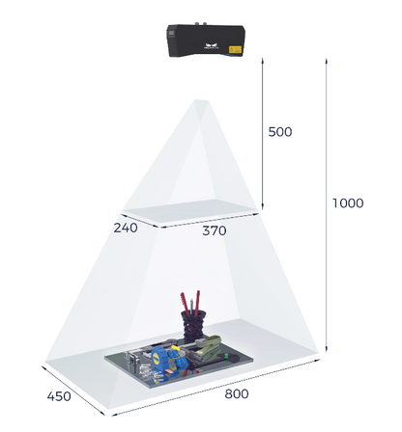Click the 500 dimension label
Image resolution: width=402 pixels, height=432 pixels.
[x=280, y=132]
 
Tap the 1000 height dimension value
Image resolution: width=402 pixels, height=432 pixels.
[x=348, y=203]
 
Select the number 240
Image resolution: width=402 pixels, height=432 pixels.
[x=126, y=228]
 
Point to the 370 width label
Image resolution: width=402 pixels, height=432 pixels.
[x=215, y=230]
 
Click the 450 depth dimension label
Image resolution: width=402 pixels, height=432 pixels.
[x=59, y=396]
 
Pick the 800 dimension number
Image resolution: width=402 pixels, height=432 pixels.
[x=237, y=393]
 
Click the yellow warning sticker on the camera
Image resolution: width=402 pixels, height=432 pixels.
[x=235, y=50]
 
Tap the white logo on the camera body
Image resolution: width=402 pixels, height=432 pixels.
[x=211, y=46]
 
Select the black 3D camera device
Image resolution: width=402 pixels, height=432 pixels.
[x=206, y=40]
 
